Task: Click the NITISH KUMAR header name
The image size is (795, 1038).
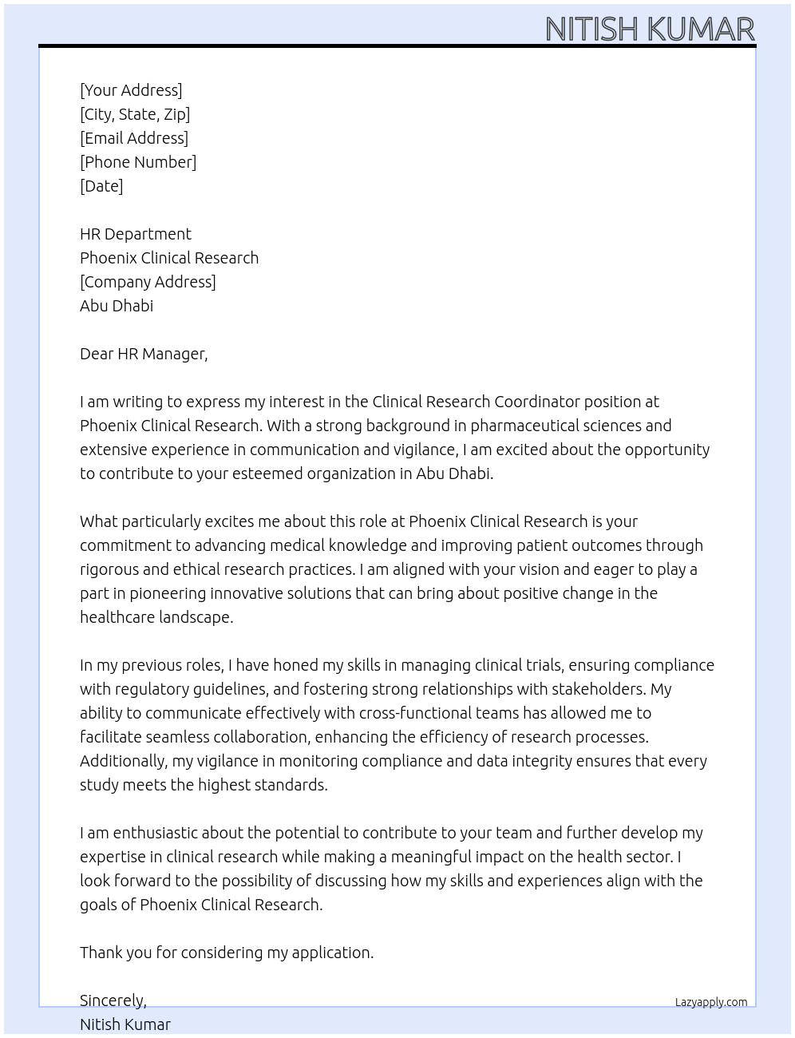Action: coord(649,29)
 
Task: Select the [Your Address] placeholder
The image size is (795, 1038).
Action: coord(131,90)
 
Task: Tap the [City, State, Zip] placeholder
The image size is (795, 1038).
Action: coord(135,114)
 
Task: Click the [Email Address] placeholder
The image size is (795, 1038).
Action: coord(134,138)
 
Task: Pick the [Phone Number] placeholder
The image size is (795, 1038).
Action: coord(138,162)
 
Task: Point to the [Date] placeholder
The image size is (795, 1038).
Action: coord(101,186)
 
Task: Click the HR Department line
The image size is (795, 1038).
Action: coord(136,234)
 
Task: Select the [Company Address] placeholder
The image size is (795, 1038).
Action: coord(148,282)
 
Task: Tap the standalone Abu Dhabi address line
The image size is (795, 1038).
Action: coord(117,306)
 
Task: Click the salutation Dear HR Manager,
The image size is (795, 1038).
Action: coord(144,354)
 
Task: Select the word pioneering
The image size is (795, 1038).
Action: coord(167,593)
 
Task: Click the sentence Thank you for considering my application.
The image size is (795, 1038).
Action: coord(227,953)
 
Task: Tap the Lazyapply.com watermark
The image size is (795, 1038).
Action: coord(711,1002)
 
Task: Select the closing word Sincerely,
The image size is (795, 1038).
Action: coord(113,1000)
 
